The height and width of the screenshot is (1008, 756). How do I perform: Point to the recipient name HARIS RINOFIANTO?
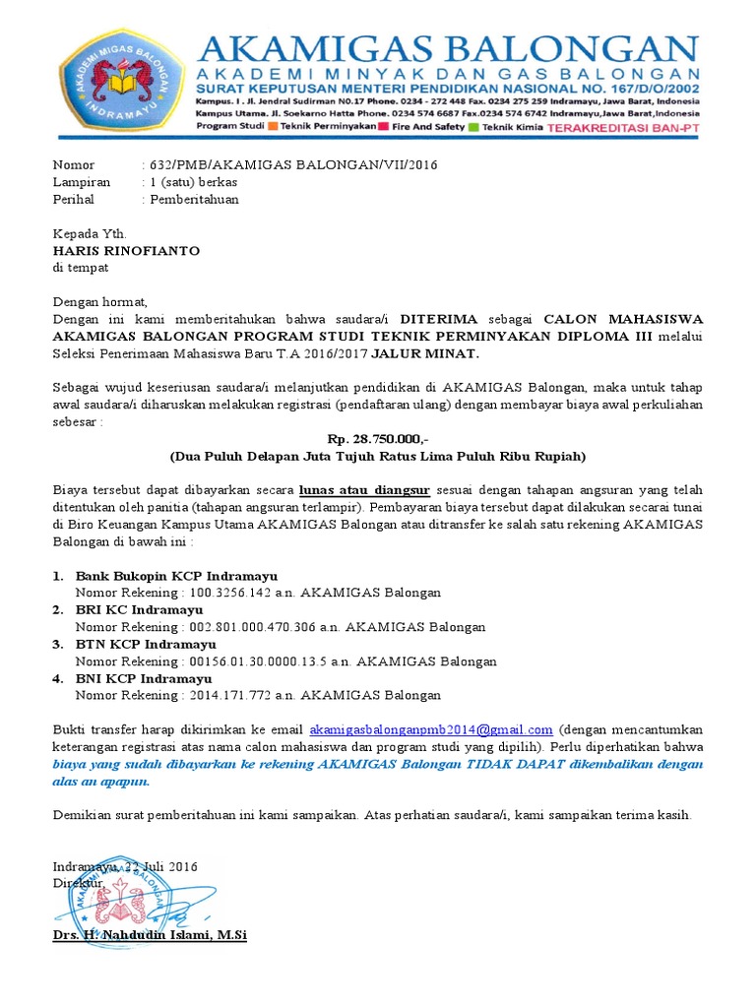point(126,251)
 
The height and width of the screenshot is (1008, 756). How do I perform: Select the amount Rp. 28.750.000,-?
point(377,440)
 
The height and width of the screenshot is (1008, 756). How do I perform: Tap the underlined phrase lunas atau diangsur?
point(364,490)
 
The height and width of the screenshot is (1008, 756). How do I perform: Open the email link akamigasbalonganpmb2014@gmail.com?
point(431,730)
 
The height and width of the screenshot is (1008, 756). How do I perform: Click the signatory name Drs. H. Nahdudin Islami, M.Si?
point(150,933)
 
